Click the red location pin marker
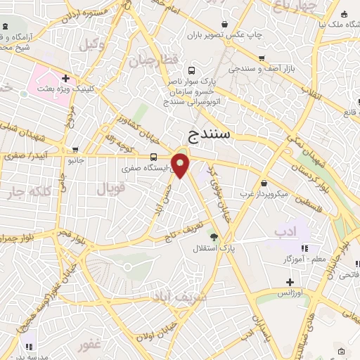(x=181, y=165)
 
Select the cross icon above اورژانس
(x=290, y=281)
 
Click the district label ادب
(x=284, y=231)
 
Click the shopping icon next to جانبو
(x=75, y=150)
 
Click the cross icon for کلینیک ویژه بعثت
(x=65, y=78)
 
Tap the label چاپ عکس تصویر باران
(x=227, y=34)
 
